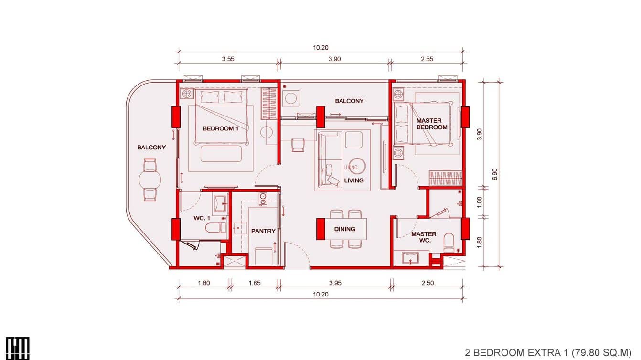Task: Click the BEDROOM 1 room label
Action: pos(220,128)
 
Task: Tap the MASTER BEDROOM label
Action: pos(432,124)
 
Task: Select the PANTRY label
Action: pos(263,231)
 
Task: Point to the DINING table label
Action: pos(344,229)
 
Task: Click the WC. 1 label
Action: pos(202,218)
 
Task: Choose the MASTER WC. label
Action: pos(424,237)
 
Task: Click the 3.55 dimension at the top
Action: pos(228,59)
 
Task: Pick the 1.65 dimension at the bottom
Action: pos(255,283)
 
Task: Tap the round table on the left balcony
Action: pos(150,180)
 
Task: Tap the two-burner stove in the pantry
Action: pos(262,199)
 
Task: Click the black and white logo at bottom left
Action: pos(18,348)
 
